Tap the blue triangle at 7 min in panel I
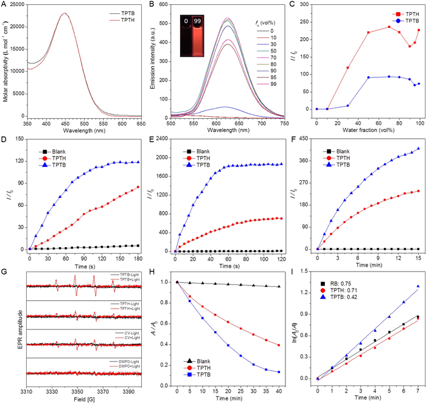pyautogui.click(x=419, y=287)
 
